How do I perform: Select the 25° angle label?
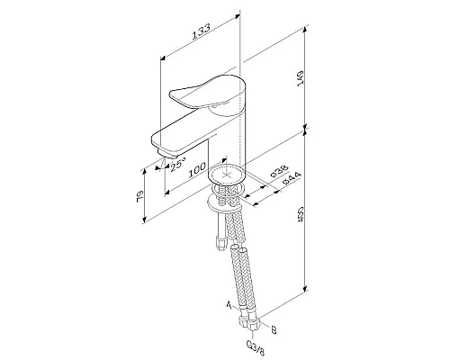[177, 164]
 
